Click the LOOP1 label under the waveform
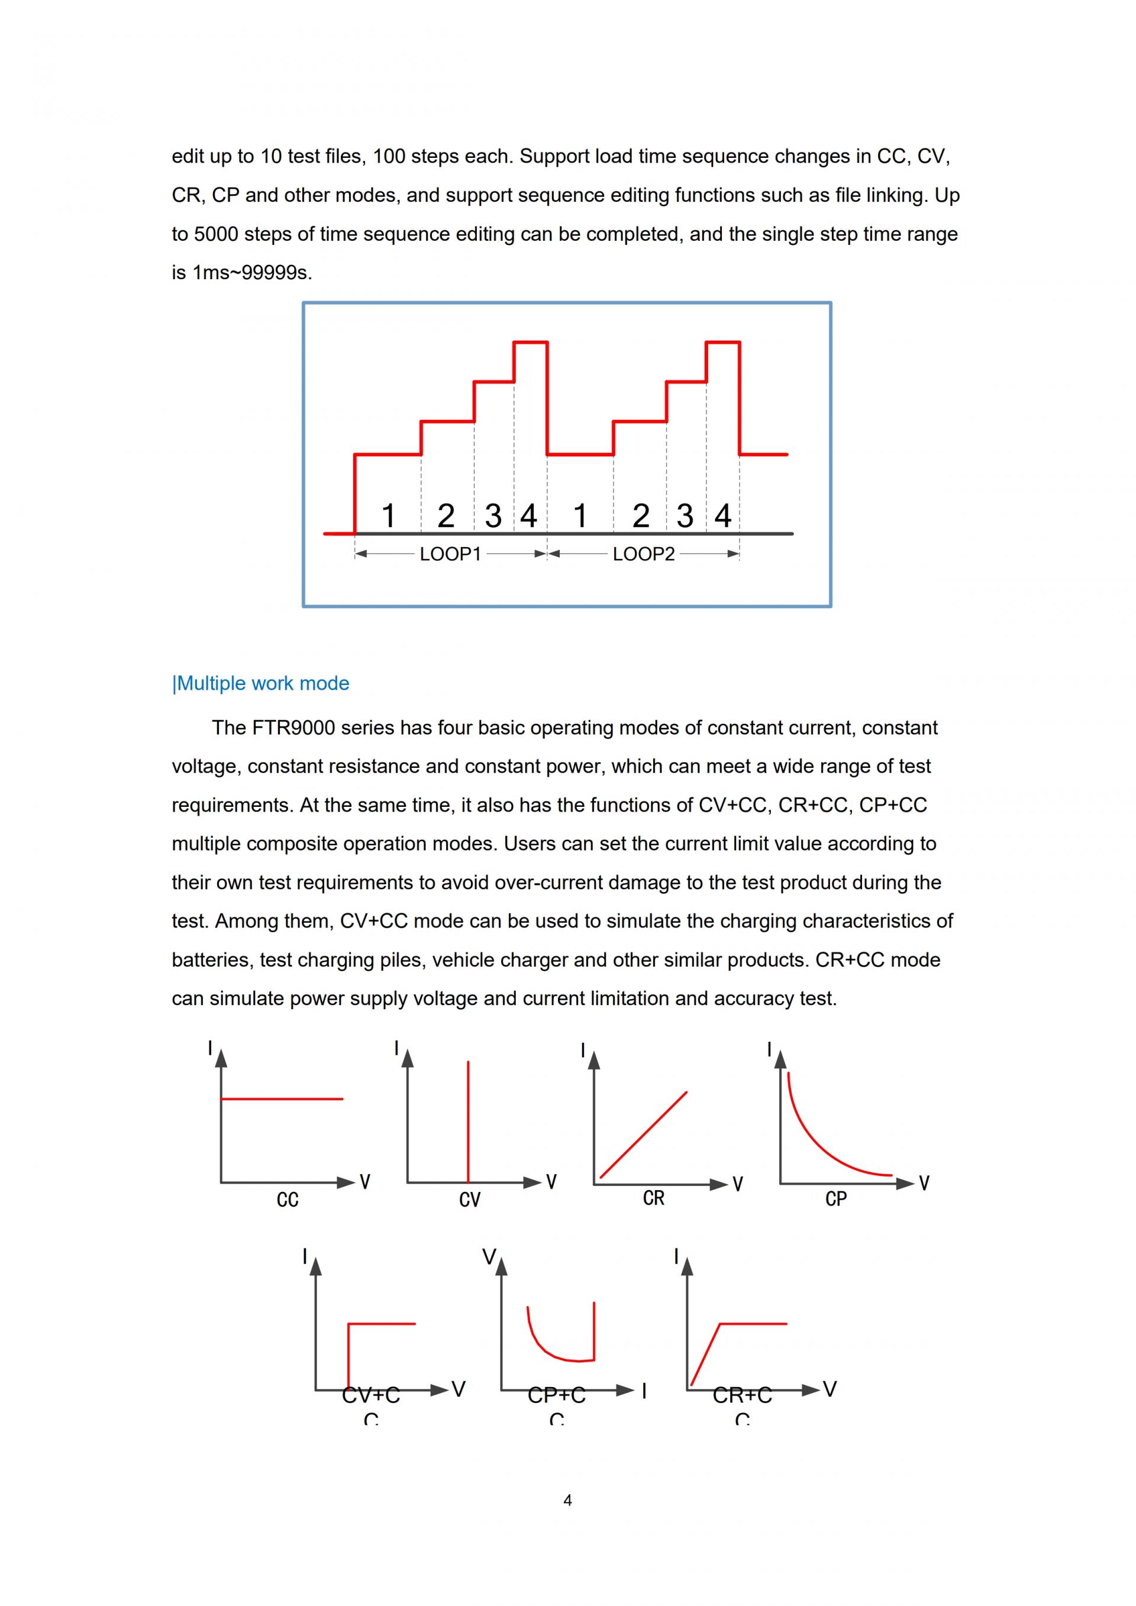[x=450, y=554]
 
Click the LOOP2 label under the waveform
[x=644, y=554]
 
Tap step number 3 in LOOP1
[x=493, y=516]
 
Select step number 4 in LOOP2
[x=722, y=516]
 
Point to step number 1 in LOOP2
[x=580, y=516]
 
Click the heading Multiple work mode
[x=261, y=683]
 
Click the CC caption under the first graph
[x=288, y=1200]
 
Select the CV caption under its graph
[x=470, y=1200]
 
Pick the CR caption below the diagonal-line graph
[x=653, y=1199]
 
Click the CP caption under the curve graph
[x=836, y=1200]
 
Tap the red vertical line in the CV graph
[x=468, y=1122]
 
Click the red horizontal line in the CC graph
[x=282, y=1099]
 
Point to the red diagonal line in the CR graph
[x=644, y=1135]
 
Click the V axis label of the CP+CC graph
[x=489, y=1258]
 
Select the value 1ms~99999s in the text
[x=250, y=273]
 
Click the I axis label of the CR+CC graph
[x=676, y=1257]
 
